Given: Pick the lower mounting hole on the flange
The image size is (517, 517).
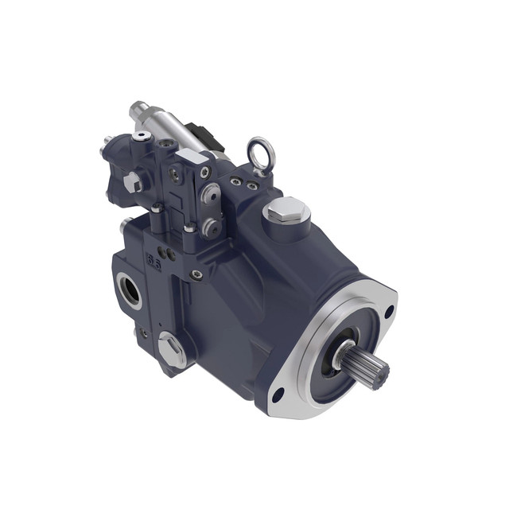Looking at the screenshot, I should point(278,394).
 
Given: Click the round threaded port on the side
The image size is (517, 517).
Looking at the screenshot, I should point(129,289).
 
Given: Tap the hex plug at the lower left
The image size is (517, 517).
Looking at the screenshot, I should point(171,348).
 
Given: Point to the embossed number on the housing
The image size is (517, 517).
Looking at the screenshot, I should point(153,261).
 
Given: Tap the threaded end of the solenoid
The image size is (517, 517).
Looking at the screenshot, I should point(139,109).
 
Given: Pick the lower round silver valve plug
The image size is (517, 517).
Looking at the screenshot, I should point(211,227).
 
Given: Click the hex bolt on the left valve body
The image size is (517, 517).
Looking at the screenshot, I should point(132,182).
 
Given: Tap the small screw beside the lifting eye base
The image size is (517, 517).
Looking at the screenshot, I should point(236,181).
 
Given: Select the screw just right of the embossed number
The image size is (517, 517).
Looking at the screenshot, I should point(196,274).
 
